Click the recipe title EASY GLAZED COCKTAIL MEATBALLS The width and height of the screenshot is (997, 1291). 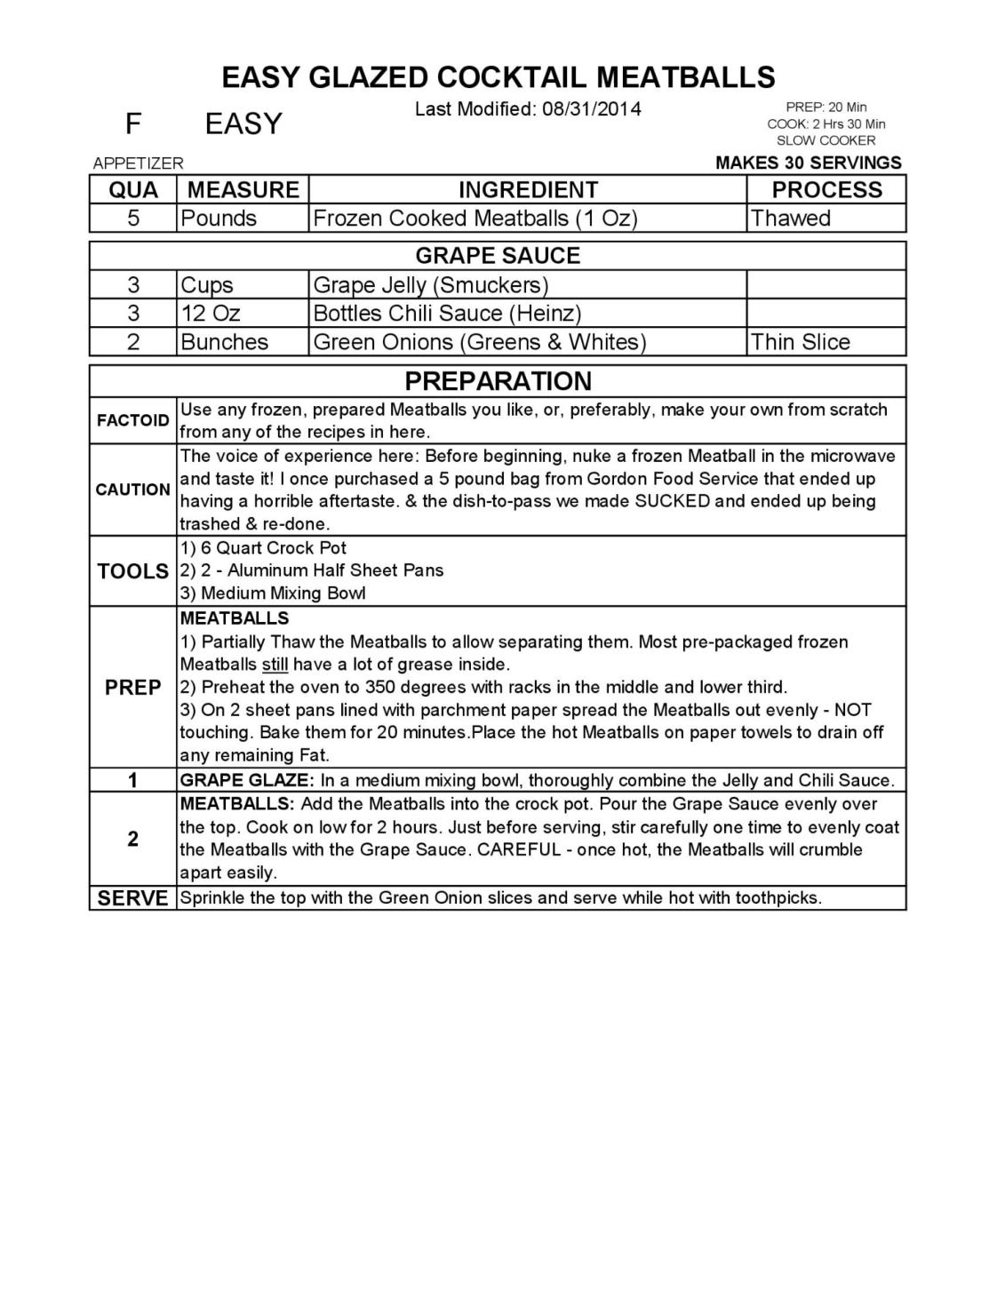(x=498, y=77)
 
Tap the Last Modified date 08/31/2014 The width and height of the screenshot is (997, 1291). (x=591, y=109)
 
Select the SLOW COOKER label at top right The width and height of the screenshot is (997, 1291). (x=826, y=140)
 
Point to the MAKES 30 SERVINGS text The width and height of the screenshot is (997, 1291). (x=808, y=163)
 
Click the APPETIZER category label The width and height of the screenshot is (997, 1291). (x=138, y=163)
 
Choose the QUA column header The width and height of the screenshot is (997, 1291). (x=133, y=190)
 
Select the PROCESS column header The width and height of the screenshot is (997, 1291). (x=826, y=190)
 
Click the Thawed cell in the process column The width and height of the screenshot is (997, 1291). (x=790, y=219)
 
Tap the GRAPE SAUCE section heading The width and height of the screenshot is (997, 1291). (x=498, y=256)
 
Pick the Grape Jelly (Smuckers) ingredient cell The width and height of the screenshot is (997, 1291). (x=430, y=285)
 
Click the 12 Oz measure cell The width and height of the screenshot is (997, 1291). (x=210, y=314)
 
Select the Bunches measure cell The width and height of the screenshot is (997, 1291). (x=224, y=342)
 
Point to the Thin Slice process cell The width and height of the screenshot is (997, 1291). (x=800, y=342)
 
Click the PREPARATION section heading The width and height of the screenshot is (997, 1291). (x=498, y=381)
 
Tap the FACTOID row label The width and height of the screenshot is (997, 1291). (x=133, y=420)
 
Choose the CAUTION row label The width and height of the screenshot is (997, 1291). (x=133, y=490)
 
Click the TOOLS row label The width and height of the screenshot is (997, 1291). (x=133, y=571)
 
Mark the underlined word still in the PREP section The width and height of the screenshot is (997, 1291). (x=275, y=665)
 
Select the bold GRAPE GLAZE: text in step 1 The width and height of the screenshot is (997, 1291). (x=247, y=780)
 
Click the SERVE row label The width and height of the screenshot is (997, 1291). (x=133, y=898)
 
